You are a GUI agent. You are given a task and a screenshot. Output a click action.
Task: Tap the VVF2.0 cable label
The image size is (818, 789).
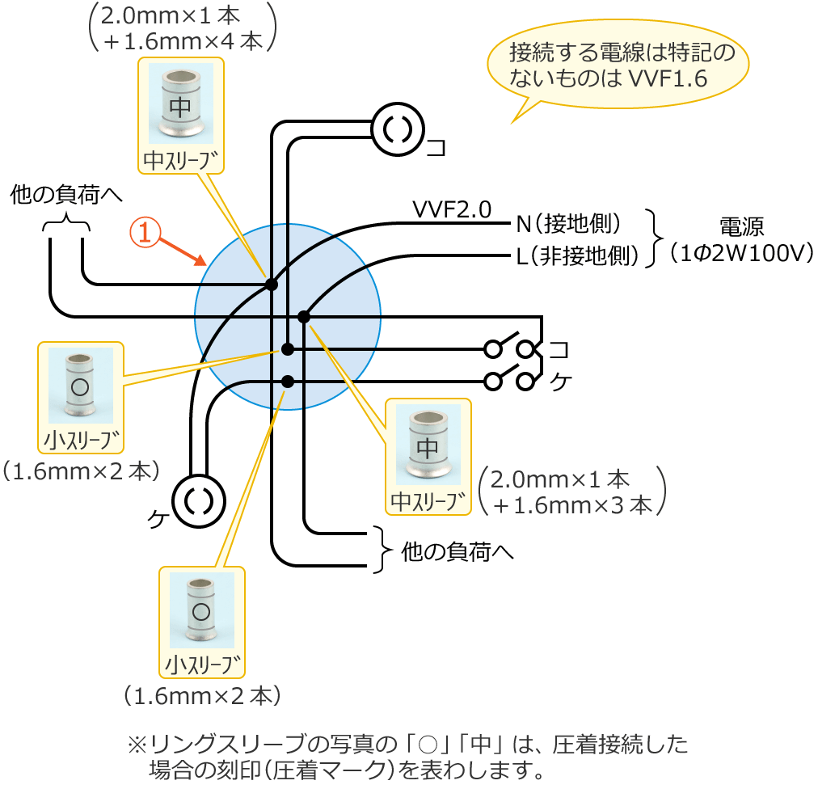[451, 210]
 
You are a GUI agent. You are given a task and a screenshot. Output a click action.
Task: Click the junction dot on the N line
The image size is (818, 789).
[272, 285]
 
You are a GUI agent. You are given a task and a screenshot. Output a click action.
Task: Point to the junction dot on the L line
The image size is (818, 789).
[304, 316]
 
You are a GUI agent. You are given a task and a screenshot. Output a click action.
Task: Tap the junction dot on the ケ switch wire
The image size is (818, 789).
[288, 381]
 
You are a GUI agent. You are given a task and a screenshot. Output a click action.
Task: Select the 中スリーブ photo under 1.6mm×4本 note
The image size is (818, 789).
[181, 104]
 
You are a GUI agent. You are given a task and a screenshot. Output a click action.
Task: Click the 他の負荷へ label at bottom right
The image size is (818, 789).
[457, 552]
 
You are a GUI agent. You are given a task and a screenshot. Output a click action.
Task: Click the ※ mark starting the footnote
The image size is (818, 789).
[135, 742]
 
